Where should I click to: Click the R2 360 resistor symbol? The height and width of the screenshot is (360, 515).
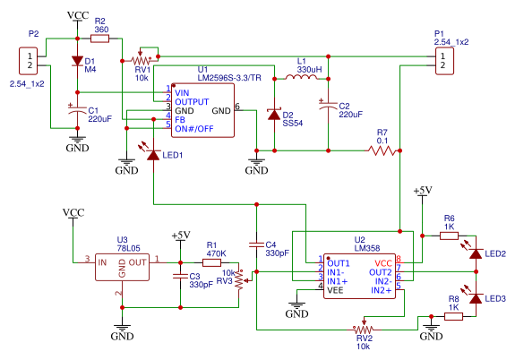(x=99, y=39)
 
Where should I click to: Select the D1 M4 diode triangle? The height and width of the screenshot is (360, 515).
(x=78, y=61)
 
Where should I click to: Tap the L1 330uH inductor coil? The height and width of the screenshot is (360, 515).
(x=301, y=77)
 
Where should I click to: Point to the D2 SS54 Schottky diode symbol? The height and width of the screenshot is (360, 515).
(x=274, y=114)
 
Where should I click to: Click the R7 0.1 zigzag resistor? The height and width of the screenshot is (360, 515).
(x=382, y=150)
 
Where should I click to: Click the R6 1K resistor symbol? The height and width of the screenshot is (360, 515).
(x=449, y=236)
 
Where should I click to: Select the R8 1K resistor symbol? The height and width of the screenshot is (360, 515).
(x=453, y=316)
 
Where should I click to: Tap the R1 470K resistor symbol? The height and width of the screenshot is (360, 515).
(x=211, y=262)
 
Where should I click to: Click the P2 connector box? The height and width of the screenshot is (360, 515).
(x=29, y=61)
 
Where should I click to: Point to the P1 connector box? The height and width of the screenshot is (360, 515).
(x=444, y=61)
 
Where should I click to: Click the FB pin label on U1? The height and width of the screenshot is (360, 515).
(x=180, y=120)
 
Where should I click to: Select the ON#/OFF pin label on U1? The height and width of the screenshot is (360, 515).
(x=194, y=129)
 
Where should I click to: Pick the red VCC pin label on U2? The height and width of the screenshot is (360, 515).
(x=383, y=263)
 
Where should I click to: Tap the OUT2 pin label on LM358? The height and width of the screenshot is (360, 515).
(x=381, y=272)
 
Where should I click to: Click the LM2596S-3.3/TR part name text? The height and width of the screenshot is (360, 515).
(x=229, y=78)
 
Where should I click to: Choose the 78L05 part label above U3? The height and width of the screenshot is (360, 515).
(x=128, y=248)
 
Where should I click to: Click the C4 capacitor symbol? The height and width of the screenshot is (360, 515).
(x=256, y=244)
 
